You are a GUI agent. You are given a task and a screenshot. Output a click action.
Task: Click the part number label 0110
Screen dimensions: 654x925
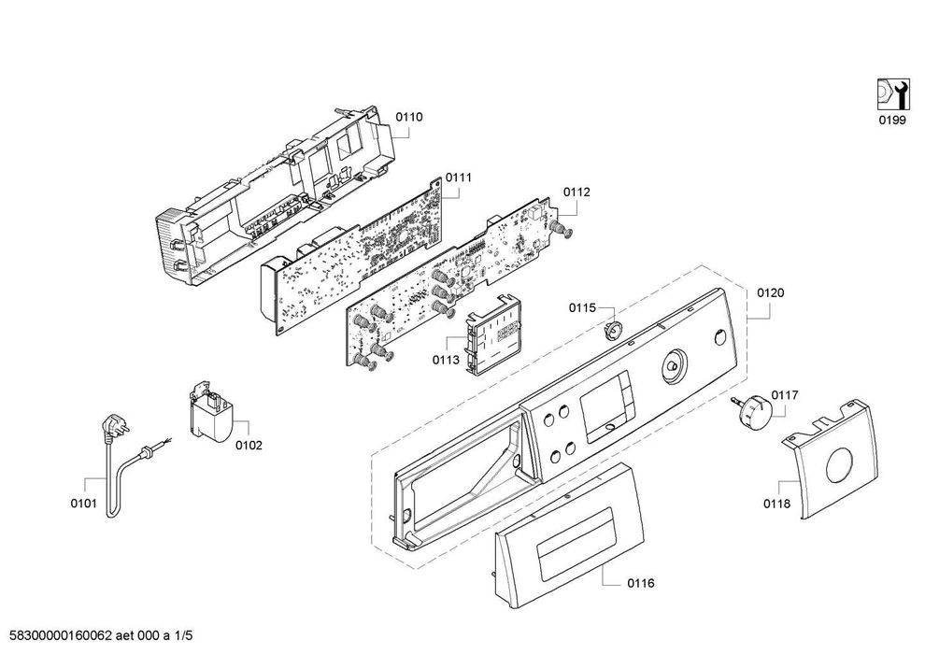tap(408, 117)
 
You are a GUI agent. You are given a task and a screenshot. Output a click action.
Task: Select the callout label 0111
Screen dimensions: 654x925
tap(458, 177)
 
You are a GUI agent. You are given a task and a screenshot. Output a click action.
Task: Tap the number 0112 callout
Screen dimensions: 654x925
tap(576, 192)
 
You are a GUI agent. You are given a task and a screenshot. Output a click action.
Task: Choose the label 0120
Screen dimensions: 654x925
tap(770, 292)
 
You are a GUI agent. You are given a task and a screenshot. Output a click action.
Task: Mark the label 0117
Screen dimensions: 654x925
tap(784, 395)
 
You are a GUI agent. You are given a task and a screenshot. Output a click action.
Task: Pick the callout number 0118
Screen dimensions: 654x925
tap(776, 504)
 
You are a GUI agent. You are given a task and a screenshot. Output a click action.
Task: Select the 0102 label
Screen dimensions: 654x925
tap(248, 445)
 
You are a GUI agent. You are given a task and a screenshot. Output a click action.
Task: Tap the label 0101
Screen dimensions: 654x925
tap(83, 505)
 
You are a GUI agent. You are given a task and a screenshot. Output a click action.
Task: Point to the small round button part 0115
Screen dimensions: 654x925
tap(615, 328)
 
